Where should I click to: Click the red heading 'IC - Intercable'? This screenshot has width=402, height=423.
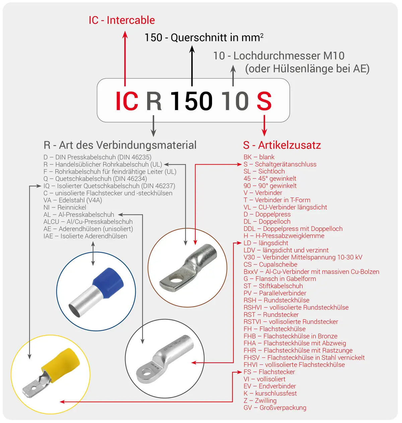(122, 20)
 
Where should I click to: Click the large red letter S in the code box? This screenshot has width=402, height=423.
(264, 101)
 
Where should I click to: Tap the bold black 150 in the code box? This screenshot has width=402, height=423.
(191, 101)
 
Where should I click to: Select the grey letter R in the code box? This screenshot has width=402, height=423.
(154, 101)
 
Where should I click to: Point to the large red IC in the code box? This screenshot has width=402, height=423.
(127, 101)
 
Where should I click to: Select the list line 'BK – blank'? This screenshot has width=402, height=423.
(259, 157)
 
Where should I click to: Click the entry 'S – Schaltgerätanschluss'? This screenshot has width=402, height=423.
(280, 164)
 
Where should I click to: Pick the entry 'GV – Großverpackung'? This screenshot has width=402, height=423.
(275, 408)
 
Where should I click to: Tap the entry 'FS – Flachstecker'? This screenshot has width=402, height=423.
(269, 372)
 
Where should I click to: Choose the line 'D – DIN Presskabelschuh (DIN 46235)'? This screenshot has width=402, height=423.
(97, 157)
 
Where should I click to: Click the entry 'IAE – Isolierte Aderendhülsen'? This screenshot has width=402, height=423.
(85, 236)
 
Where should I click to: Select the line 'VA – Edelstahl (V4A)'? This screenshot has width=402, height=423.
(72, 200)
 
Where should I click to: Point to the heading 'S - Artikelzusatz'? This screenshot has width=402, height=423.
(282, 145)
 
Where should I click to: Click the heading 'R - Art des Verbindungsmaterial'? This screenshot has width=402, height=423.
(120, 145)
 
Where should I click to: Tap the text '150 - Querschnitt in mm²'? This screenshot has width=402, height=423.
(204, 37)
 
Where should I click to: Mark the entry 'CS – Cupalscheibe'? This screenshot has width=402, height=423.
(270, 264)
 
